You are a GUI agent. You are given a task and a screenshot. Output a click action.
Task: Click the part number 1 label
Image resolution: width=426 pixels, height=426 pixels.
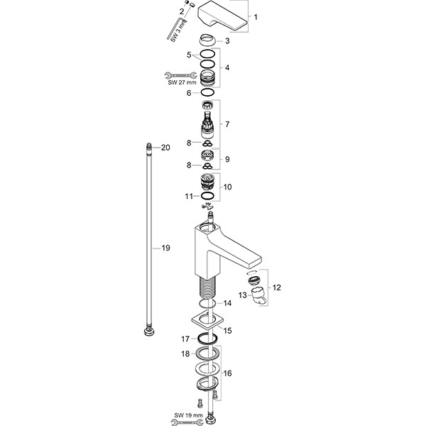[256, 16]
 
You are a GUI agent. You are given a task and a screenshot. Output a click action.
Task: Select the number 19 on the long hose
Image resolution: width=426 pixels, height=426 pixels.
[165, 248]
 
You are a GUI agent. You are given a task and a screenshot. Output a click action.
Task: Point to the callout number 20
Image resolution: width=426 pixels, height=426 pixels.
[165, 148]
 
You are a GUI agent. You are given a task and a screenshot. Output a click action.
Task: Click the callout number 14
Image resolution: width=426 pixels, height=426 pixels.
[227, 303]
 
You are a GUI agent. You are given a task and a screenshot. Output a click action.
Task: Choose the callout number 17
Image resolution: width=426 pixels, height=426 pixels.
[184, 339]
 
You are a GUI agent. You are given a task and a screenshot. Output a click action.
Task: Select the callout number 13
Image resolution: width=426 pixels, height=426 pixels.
[241, 294]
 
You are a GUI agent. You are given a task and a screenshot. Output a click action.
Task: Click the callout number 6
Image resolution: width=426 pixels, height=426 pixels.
[189, 92]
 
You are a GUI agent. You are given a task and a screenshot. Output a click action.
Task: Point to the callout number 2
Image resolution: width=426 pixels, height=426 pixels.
[182, 11]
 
